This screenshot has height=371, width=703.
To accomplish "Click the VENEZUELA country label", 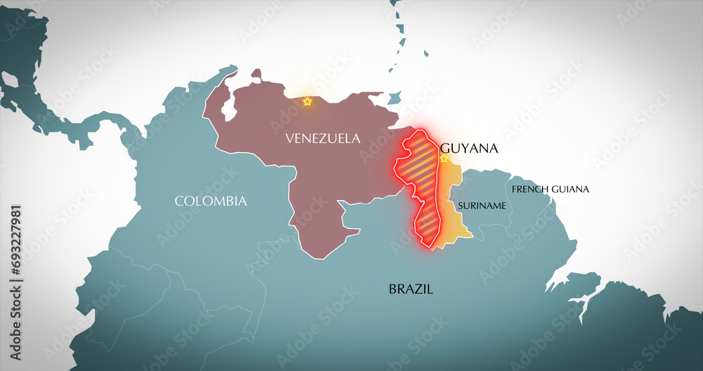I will pos(323,139).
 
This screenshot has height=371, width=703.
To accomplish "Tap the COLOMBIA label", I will pos(211,201).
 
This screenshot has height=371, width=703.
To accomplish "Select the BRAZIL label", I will pos(411,289).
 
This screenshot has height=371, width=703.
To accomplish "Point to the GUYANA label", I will pos(469,149).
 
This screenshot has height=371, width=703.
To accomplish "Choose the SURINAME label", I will pos(482,206).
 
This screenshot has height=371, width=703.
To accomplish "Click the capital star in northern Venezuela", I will pos(307,102).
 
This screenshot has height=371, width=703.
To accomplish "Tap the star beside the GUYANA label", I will pos(444,159).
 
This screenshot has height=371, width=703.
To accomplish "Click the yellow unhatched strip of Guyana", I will pos(450,211).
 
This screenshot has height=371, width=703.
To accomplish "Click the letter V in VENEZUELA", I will pos(289,139).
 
